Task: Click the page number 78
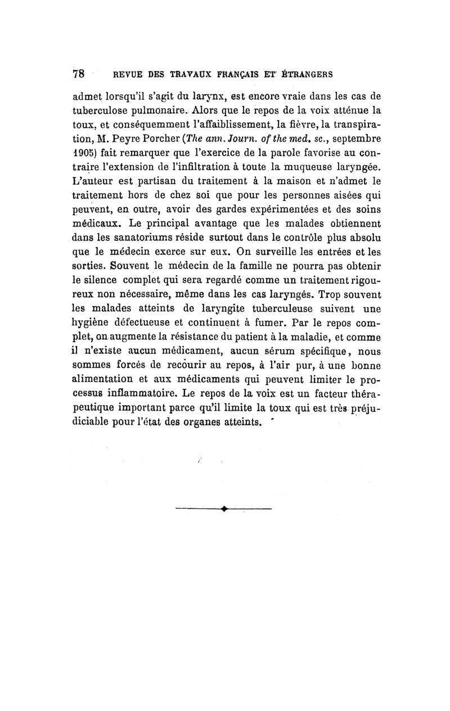point(78,74)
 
